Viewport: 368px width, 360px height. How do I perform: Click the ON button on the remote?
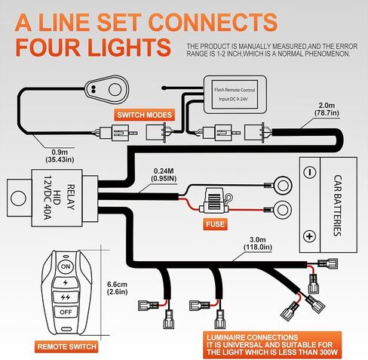coord(66,266)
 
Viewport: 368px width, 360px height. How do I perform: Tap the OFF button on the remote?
coord(66,312)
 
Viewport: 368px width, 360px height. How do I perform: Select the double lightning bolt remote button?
coord(66,297)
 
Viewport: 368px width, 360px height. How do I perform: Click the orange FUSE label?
coord(215,224)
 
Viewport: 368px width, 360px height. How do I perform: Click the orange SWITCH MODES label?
coord(145,115)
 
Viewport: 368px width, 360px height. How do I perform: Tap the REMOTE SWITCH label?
coord(66,346)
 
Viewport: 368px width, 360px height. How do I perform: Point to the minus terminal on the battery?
coord(310,172)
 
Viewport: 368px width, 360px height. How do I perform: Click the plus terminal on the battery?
coord(310,236)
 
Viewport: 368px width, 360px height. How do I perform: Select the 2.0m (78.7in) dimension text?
coord(327,109)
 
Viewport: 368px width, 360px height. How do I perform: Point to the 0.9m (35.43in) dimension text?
coord(60,155)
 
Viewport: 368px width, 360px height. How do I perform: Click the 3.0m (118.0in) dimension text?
coord(258,243)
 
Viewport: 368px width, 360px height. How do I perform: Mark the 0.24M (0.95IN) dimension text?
coord(164,174)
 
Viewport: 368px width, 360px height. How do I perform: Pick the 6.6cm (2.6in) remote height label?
coord(118,288)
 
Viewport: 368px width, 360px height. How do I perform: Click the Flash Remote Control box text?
coord(235,94)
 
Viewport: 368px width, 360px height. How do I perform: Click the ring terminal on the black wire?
coord(282,186)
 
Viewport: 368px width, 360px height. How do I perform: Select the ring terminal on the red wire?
coord(282,210)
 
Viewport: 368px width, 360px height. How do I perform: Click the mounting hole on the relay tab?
coord(18,198)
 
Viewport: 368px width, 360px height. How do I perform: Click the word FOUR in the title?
coord(48,48)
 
